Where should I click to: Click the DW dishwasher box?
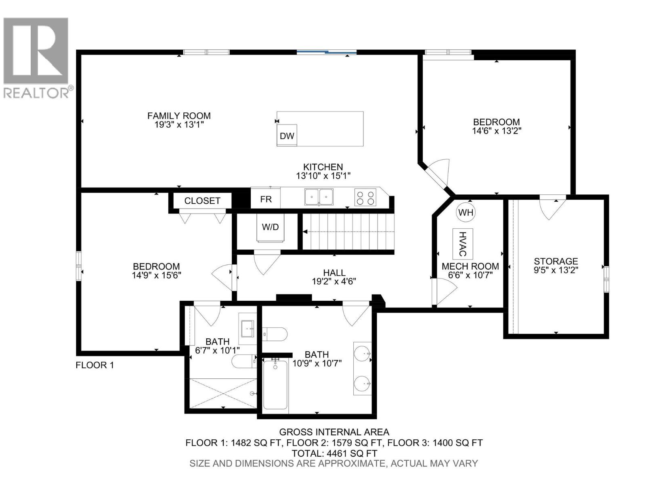[287, 136]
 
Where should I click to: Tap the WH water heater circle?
[466, 213]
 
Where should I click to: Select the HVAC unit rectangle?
[463, 244]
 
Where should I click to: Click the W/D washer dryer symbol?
[270, 227]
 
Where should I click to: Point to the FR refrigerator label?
[266, 199]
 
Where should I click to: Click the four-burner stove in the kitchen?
[365, 198]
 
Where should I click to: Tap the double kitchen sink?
[319, 197]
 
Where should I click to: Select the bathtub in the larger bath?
[275, 385]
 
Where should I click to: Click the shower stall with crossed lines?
[223, 393]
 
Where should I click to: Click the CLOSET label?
[202, 201]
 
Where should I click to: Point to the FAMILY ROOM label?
[179, 116]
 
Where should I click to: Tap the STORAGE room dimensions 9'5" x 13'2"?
[556, 270]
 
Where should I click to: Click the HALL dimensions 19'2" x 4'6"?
[334, 282]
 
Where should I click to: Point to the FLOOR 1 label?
[95, 365]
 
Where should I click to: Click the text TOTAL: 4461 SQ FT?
[334, 453]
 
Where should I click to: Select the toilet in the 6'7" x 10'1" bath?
[243, 361]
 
